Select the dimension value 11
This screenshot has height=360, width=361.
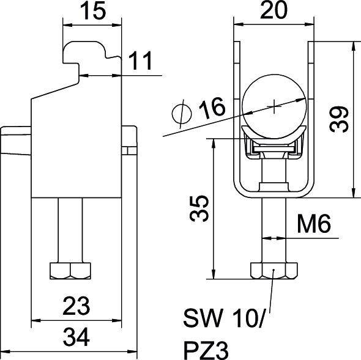[140, 61]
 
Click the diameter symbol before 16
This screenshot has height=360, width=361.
[182, 112]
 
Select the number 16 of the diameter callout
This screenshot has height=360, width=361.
[211, 109]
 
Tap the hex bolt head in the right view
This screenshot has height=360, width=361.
[274, 270]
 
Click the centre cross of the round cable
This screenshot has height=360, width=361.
[274, 106]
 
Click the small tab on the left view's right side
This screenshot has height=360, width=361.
[129, 141]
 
